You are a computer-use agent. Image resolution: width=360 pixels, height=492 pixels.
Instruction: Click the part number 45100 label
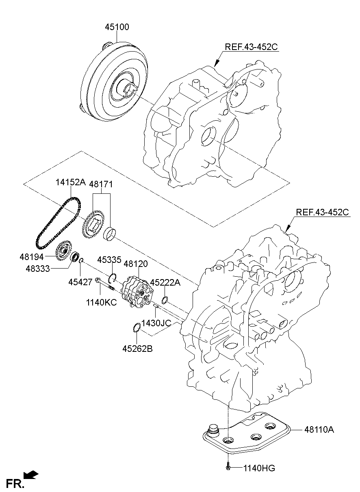click(x=117, y=28)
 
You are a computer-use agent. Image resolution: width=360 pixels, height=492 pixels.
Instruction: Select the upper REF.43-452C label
click(x=251, y=47)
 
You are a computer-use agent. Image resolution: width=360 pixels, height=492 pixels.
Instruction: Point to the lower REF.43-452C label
click(x=323, y=212)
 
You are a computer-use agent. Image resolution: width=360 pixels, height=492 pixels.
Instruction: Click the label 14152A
click(x=70, y=183)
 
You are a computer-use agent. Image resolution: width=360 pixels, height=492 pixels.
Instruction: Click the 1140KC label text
click(x=101, y=302)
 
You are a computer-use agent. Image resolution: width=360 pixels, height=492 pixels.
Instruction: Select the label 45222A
click(x=165, y=282)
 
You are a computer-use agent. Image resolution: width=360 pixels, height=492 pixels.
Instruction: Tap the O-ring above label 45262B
click(x=137, y=327)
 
